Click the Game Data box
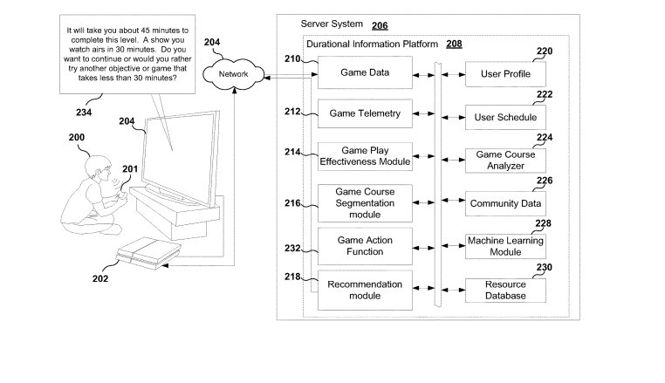pos(364,73)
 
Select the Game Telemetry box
pos(364,113)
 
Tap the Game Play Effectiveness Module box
pos(364,155)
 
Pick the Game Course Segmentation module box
pos(364,202)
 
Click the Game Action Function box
pos(364,245)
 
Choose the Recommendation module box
pos(364,290)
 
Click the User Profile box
pos(505,75)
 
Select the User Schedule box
pos(505,117)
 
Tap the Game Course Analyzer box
pos(505,160)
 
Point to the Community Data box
pos(505,204)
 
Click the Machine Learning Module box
pos(505,246)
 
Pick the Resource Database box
pos(505,291)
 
